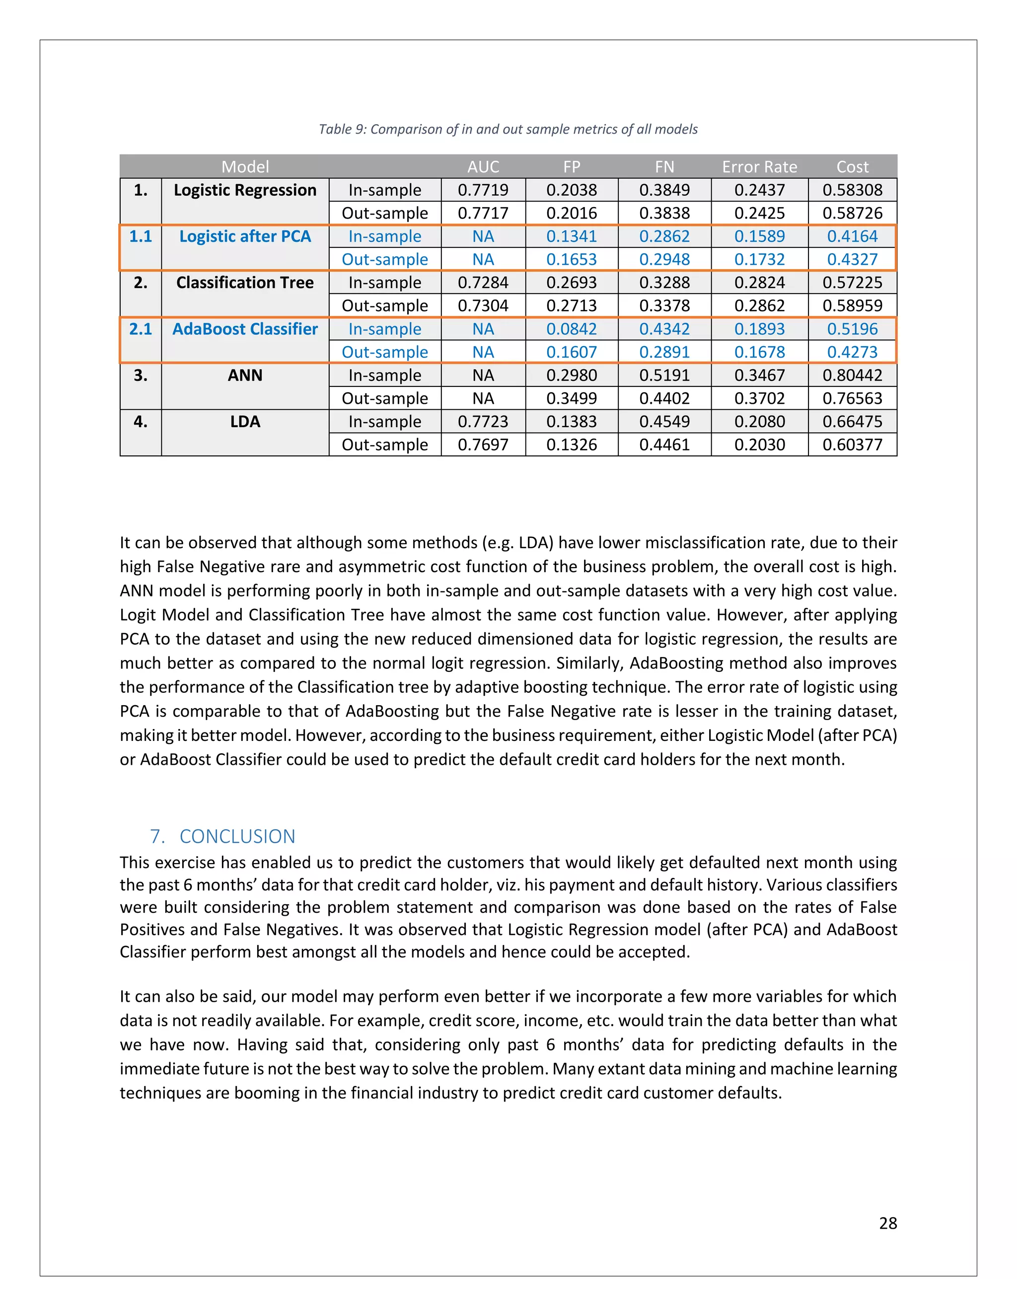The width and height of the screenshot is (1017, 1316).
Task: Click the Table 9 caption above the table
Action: (x=508, y=129)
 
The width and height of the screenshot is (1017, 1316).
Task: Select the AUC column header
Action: (x=483, y=167)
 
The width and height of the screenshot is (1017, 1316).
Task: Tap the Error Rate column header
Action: (x=759, y=167)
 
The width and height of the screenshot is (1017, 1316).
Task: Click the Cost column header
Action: (x=852, y=167)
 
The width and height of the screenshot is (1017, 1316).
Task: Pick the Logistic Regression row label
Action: (x=245, y=190)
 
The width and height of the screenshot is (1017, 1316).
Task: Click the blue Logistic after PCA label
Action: (x=245, y=236)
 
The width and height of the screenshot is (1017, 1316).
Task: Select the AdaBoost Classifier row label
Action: (x=245, y=329)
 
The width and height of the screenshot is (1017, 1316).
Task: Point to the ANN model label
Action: (x=245, y=375)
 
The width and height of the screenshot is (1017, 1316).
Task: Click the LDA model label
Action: (x=245, y=422)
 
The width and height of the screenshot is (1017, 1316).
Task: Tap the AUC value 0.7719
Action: (x=483, y=190)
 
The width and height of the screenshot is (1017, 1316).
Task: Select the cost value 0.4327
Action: (x=852, y=260)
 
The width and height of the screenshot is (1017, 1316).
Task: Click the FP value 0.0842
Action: (x=571, y=329)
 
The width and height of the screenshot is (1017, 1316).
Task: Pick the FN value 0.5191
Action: (x=664, y=375)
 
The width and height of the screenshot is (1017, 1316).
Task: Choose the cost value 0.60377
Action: (x=852, y=444)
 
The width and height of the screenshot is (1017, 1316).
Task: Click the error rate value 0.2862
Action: (x=759, y=305)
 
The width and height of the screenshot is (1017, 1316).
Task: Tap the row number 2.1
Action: (x=141, y=329)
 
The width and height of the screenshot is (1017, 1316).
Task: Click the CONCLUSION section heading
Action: (x=237, y=836)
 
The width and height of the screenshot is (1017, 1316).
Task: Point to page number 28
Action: (x=887, y=1223)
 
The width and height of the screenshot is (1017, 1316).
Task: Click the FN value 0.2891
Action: (x=664, y=352)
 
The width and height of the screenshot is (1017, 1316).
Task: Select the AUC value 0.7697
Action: (x=483, y=444)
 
